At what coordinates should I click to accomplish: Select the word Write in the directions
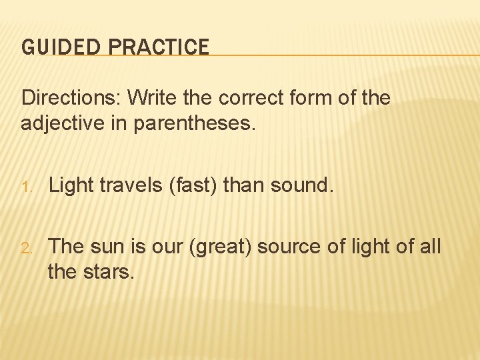[x=150, y=98]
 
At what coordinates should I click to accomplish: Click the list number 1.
[x=25, y=186]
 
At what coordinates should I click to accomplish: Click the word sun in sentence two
[x=105, y=247]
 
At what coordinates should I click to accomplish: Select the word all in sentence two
[x=427, y=247]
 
